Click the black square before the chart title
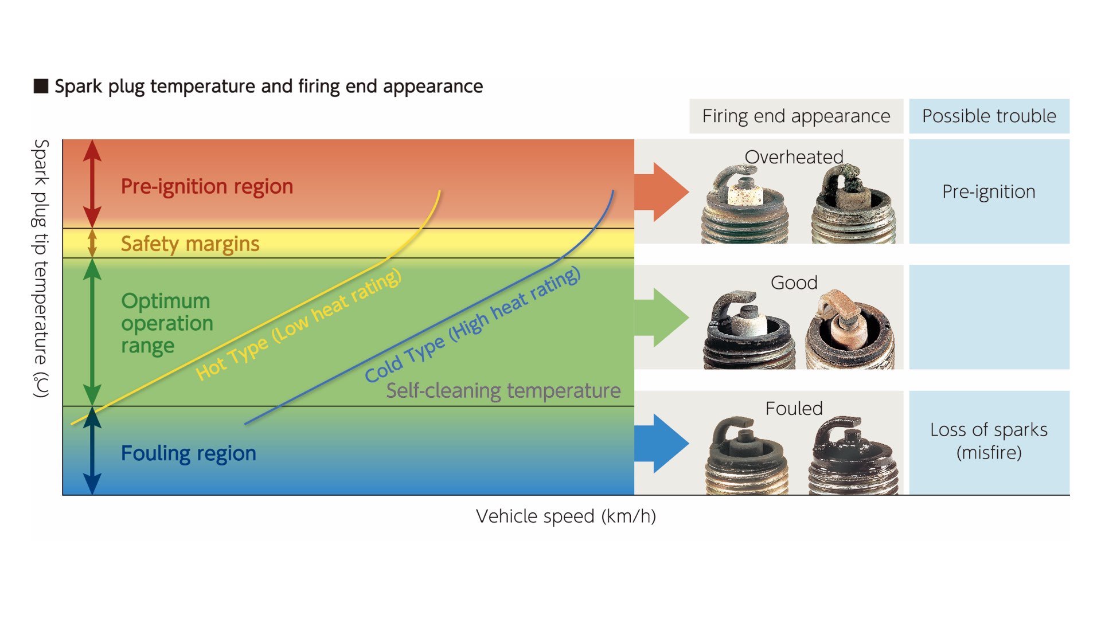coord(41,86)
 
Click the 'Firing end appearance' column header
coord(796,116)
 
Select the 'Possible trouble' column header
coord(989,116)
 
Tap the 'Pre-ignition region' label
coord(207,187)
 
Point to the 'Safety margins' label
coord(190,244)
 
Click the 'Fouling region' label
coord(189,453)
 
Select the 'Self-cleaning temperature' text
coord(503,391)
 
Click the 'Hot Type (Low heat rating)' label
coord(298,324)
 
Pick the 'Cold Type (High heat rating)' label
coord(473,324)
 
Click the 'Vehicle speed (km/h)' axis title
coord(566,516)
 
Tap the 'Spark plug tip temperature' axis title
coord(41,268)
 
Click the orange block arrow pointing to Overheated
coord(662,192)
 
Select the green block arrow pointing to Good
coord(662,318)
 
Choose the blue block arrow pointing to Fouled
coord(662,444)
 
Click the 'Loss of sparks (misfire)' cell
coord(989,441)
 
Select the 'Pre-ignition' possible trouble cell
coord(989,191)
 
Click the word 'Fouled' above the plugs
coord(794,409)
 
